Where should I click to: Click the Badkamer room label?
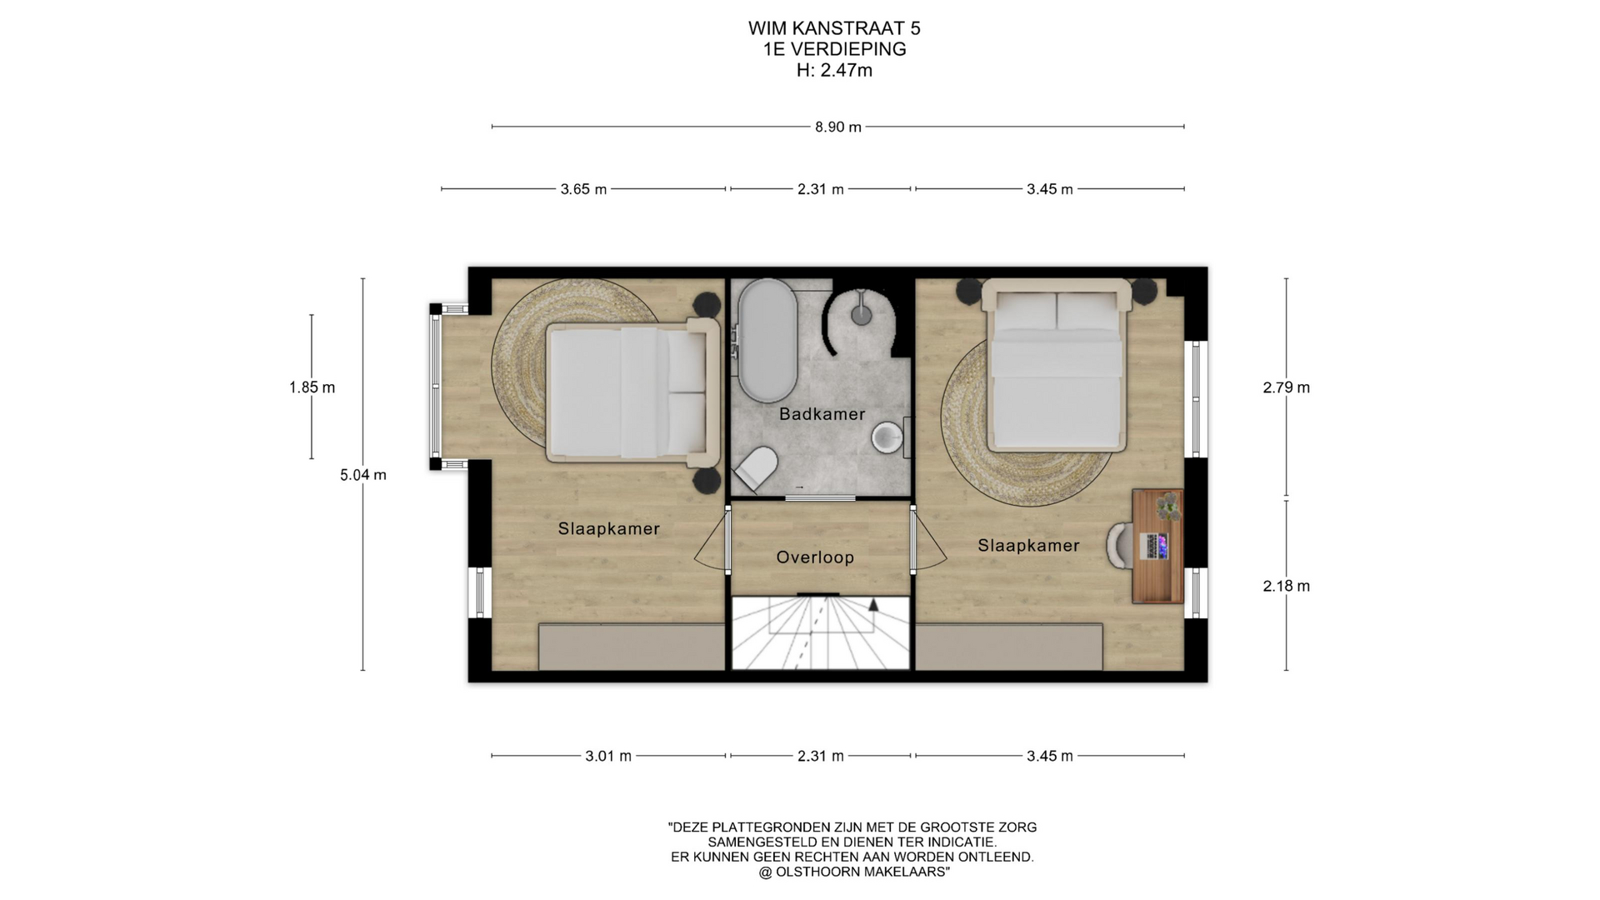tap(822, 414)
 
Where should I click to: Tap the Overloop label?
tap(815, 557)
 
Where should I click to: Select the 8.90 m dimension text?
tap(837, 127)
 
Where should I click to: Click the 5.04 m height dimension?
tap(363, 475)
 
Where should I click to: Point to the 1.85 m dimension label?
tap(312, 387)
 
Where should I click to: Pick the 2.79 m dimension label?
tap(1287, 387)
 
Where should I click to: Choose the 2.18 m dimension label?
tap(1287, 586)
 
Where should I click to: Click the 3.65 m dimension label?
tap(583, 189)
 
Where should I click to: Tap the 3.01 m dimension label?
tap(608, 756)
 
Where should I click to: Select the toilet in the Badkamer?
tap(757, 468)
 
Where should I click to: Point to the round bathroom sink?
tap(888, 437)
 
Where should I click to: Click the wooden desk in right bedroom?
tap(1157, 546)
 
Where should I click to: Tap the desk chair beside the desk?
tap(1120, 546)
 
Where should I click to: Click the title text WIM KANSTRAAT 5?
tap(834, 28)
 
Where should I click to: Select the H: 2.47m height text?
tap(834, 70)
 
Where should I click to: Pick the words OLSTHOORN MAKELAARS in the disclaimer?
tap(861, 872)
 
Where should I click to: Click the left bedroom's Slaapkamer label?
tap(609, 529)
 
